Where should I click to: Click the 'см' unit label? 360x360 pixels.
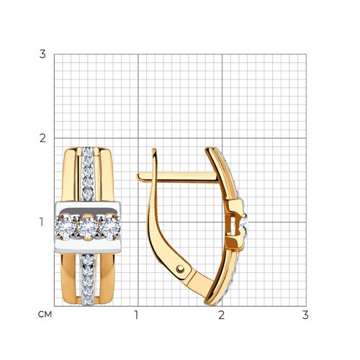tap(45, 315)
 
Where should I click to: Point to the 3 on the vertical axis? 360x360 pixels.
tap(42, 54)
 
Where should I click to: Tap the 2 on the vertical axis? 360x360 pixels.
tap(42, 138)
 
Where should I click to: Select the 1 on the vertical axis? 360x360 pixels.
tap(42, 222)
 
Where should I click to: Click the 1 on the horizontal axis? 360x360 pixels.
tap(136, 315)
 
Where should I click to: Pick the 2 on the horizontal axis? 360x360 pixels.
tap(221, 315)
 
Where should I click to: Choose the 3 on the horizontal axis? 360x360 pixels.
tap(305, 315)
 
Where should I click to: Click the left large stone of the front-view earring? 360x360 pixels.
tap(66, 228)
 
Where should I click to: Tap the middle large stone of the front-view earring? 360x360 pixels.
tap(88, 228)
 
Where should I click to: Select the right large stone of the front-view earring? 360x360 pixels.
tap(109, 228)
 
